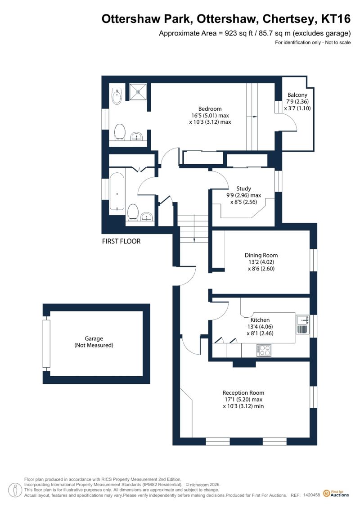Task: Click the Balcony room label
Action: click(x=297, y=95)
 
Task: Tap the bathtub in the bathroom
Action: click(x=117, y=192)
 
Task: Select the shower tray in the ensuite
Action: click(x=139, y=92)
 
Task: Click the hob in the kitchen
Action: click(x=264, y=350)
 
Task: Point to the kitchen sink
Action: click(x=302, y=320)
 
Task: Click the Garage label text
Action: click(x=94, y=338)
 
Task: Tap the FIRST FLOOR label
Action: click(x=121, y=241)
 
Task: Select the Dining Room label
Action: click(x=261, y=255)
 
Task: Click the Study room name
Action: click(x=243, y=189)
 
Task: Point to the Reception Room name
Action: click(x=243, y=392)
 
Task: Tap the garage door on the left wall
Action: click(x=47, y=343)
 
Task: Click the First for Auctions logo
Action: click(x=336, y=494)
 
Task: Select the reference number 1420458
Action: click(x=312, y=495)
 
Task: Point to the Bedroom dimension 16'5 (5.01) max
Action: click(x=210, y=116)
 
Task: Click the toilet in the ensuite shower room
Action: click(x=120, y=132)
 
